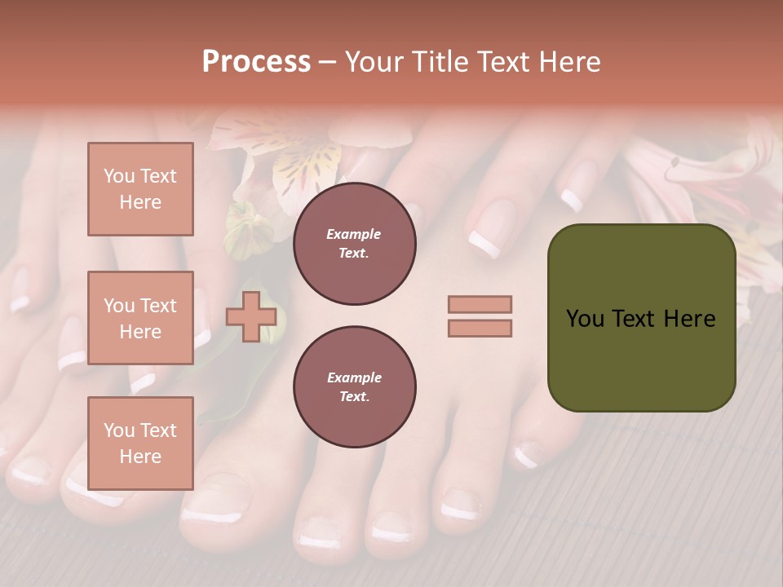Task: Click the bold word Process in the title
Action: click(256, 61)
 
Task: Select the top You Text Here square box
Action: click(140, 189)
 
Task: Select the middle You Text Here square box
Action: click(140, 318)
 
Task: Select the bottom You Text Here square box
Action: click(140, 443)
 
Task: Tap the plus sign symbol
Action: click(250, 316)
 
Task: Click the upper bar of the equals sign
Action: click(480, 304)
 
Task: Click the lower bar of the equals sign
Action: click(480, 329)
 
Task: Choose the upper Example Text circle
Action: click(354, 243)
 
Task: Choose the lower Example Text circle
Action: click(354, 386)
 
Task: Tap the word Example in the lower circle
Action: click(354, 377)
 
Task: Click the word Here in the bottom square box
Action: click(140, 457)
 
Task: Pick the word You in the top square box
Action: click(118, 176)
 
